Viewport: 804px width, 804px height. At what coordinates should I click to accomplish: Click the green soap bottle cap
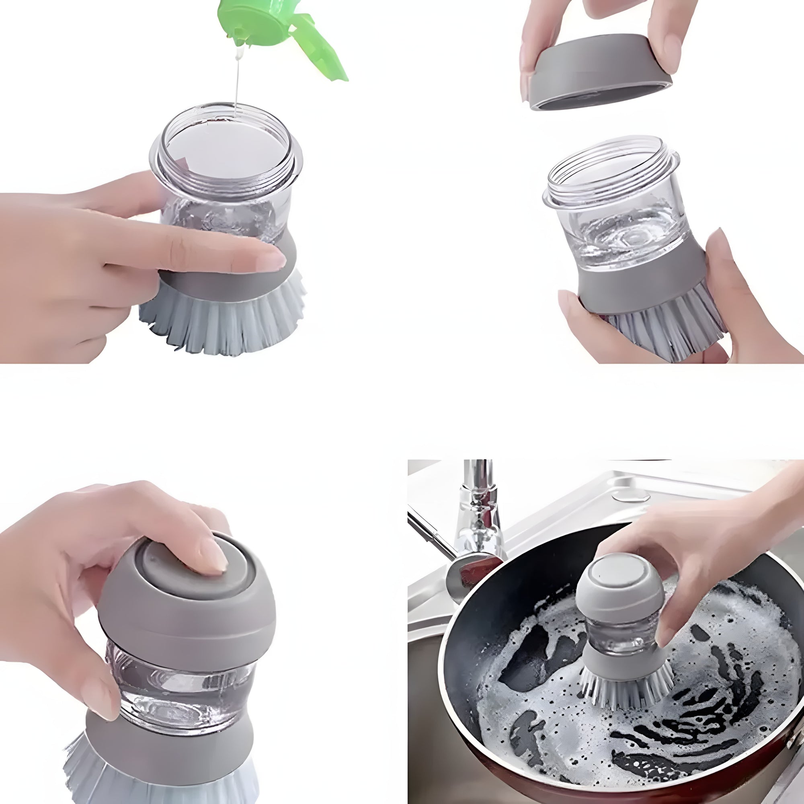pyautogui.click(x=267, y=25)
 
